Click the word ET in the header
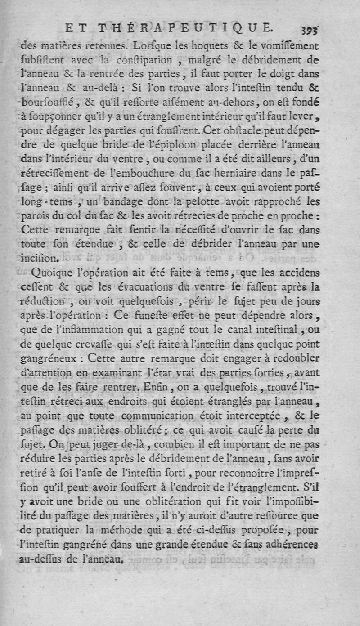tap(76, 29)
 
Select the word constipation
tap(138, 60)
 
